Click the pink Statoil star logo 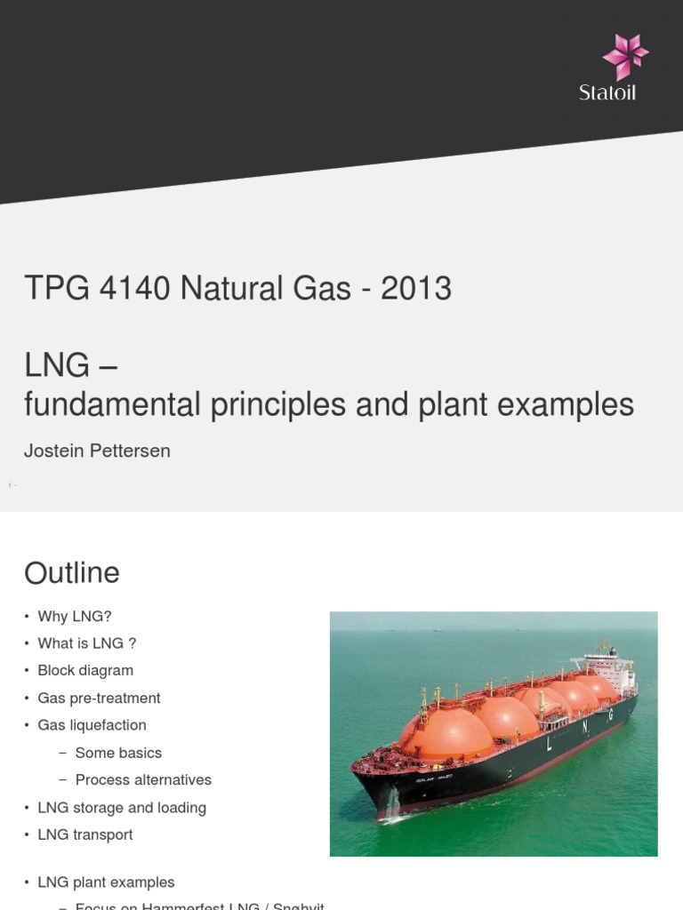tap(624, 56)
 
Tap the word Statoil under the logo tap(607, 92)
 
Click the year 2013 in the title tap(416, 289)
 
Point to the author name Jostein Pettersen tap(97, 451)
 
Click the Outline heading tap(72, 573)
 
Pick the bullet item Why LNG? tap(75, 617)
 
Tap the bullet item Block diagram tap(85, 671)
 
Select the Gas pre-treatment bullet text tap(99, 698)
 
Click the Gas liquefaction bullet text tap(92, 725)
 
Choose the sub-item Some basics tap(118, 753)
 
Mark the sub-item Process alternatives tap(143, 780)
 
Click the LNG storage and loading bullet tap(122, 808)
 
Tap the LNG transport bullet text tap(85, 834)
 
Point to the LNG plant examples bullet tap(106, 882)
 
